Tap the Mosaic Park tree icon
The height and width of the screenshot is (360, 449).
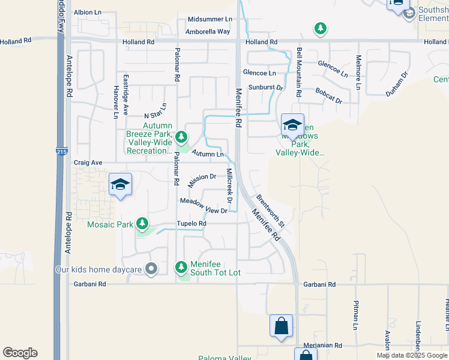point(142,224)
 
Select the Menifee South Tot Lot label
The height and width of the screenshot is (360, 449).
point(215,268)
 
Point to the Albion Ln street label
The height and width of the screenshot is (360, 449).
point(88,12)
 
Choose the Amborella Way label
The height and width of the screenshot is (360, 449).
point(208,31)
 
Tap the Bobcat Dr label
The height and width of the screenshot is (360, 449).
point(328,97)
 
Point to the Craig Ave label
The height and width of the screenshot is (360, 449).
point(88,163)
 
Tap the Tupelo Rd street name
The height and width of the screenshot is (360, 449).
point(191,224)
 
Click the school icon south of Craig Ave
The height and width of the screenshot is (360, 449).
point(120,185)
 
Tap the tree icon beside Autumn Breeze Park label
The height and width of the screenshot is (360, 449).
point(181,138)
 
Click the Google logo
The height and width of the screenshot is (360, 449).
point(20,353)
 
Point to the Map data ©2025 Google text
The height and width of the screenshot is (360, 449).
point(412,355)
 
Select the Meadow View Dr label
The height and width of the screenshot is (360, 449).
point(204,206)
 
